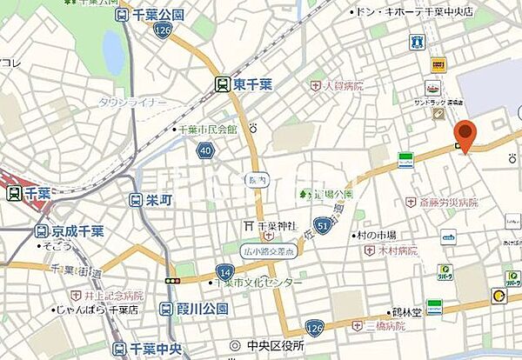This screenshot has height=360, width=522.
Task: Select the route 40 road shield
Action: (205, 150)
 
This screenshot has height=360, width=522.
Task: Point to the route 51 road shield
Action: (323, 225)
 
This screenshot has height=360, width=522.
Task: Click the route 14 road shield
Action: (224, 272)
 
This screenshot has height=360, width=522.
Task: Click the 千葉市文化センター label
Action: (261, 283)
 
